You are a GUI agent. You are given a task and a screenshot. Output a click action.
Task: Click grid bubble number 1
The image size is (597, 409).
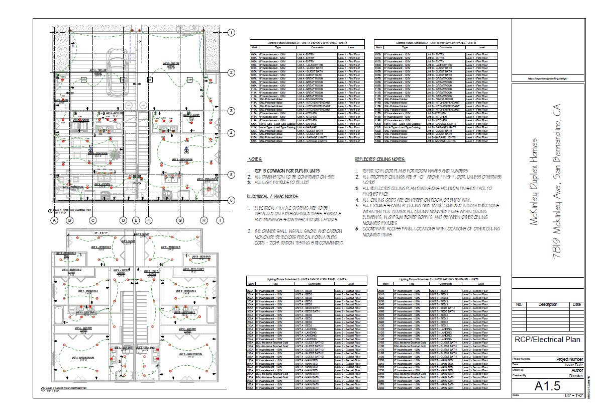coord(231,33)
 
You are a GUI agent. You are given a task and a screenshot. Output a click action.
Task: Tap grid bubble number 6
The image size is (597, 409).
coord(231,200)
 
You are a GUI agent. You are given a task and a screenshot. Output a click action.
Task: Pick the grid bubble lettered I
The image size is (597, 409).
coord(220,220)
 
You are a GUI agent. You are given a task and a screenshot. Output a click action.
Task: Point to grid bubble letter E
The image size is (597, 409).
coord(135,220)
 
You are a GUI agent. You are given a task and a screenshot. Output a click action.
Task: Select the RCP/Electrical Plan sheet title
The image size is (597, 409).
coord(547,340)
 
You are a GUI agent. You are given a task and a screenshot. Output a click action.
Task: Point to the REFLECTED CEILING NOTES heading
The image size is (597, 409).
coord(380,159)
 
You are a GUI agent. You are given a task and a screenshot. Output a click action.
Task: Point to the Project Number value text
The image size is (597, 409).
coord(569,359)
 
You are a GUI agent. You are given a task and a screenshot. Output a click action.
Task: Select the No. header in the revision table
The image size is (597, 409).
coord(519,304)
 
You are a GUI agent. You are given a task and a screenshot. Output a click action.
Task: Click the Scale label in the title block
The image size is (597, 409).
coord(515,396)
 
